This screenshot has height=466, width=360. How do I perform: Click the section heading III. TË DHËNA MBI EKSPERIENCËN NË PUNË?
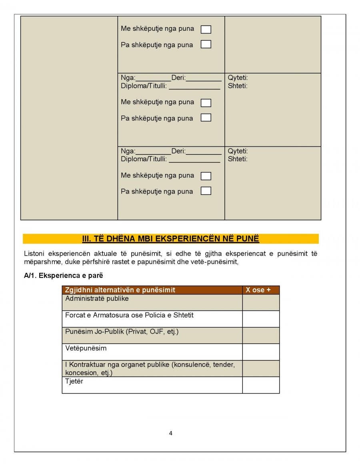pyautogui.click(x=171, y=239)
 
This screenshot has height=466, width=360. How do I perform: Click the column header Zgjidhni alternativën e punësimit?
pyautogui.click(x=120, y=290)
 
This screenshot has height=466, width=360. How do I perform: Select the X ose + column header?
pyautogui.click(x=258, y=290)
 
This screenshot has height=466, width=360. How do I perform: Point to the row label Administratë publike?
pyautogui.click(x=97, y=298)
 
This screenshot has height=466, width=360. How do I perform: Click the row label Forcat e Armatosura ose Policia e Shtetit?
pyautogui.click(x=129, y=315)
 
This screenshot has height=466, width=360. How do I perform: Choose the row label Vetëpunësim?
pyautogui.click(x=86, y=348)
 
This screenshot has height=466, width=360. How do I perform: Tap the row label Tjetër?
pyautogui.click(x=74, y=382)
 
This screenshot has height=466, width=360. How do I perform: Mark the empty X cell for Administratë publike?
pyautogui.click(x=261, y=302)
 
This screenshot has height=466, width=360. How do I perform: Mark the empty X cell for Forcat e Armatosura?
pyautogui.click(x=261, y=319)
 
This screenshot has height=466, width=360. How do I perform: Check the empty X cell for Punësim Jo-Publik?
pyautogui.click(x=261, y=336)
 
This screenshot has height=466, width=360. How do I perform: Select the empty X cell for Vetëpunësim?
pyautogui.click(x=261, y=352)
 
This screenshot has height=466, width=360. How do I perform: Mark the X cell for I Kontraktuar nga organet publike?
pyautogui.click(x=261, y=368)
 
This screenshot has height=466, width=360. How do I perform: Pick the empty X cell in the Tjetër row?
pyautogui.click(x=261, y=385)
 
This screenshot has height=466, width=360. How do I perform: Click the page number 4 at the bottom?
pyautogui.click(x=171, y=433)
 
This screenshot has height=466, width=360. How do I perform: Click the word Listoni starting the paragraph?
pyautogui.click(x=34, y=254)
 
